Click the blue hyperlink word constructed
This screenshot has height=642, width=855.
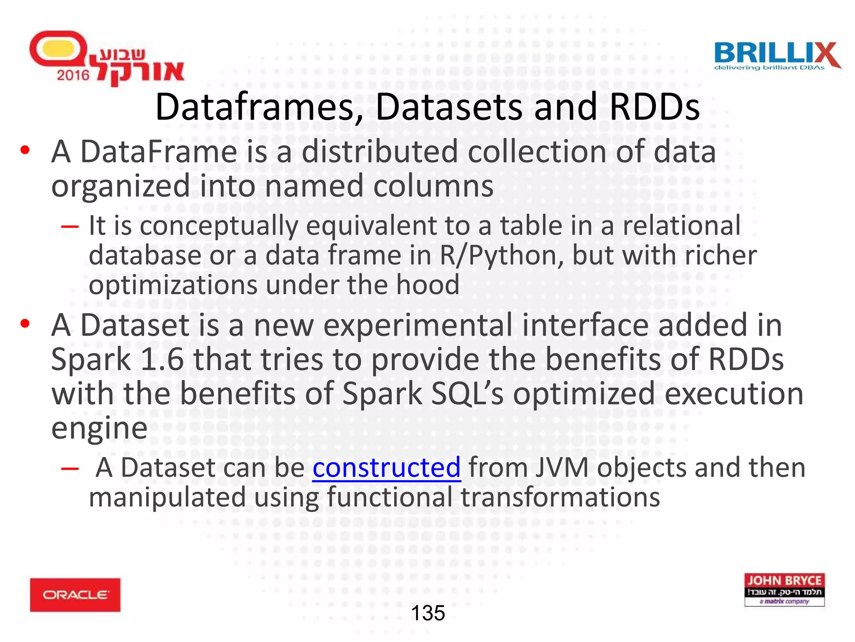point(386,468)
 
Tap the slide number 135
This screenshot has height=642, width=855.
point(428,613)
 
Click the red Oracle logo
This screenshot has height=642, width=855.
point(75,595)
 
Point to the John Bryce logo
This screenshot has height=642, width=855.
point(784,589)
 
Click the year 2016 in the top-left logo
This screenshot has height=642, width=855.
point(73,75)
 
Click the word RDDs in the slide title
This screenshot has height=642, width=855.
point(654,107)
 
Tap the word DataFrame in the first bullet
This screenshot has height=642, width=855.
point(159,151)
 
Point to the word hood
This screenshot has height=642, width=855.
point(427,285)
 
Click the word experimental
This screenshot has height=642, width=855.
point(417,325)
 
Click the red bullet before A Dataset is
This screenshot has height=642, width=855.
point(25,324)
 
